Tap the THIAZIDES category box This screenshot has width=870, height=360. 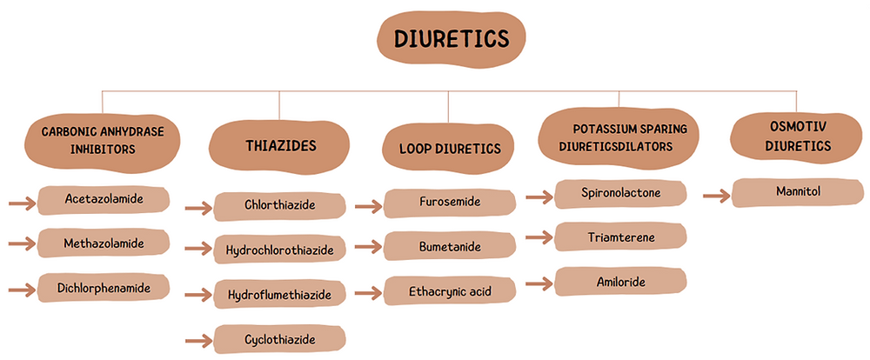pyautogui.click(x=279, y=145)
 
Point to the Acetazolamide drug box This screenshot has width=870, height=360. pyautogui.click(x=104, y=201)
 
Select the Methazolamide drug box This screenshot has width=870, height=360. pyautogui.click(x=104, y=244)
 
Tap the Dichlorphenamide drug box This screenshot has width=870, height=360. pyautogui.click(x=104, y=286)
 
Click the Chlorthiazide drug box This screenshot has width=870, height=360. pyautogui.click(x=279, y=206)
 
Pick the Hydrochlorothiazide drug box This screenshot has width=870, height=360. pyautogui.click(x=279, y=250)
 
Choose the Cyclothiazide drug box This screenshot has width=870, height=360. pyautogui.click(x=279, y=338)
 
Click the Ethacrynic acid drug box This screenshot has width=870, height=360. pyautogui.click(x=450, y=290)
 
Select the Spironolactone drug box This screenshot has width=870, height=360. pyautogui.click(x=620, y=193)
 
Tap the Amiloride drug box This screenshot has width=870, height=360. pyautogui.click(x=620, y=281)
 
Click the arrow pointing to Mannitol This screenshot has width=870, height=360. pyautogui.click(x=715, y=197)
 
